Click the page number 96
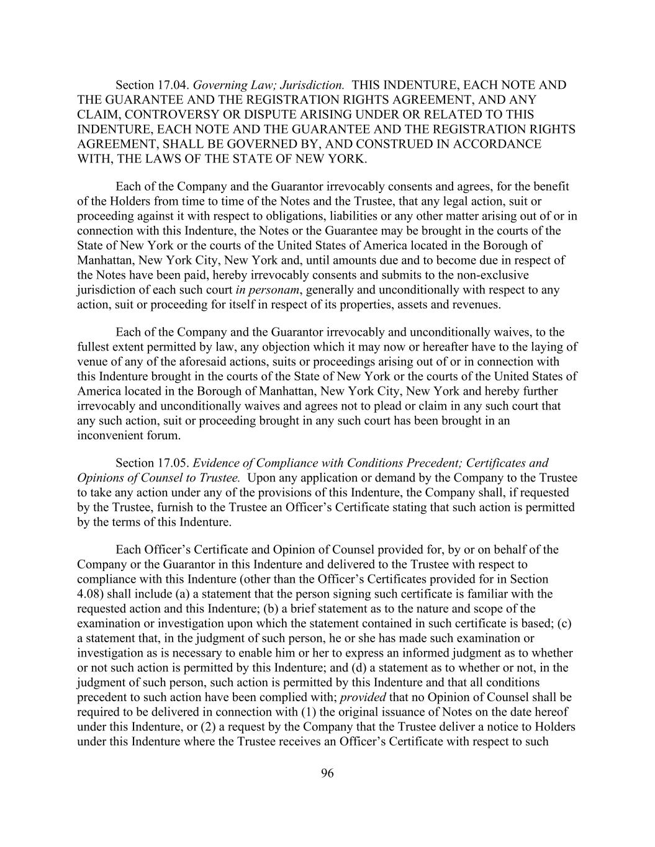[x=328, y=773]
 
